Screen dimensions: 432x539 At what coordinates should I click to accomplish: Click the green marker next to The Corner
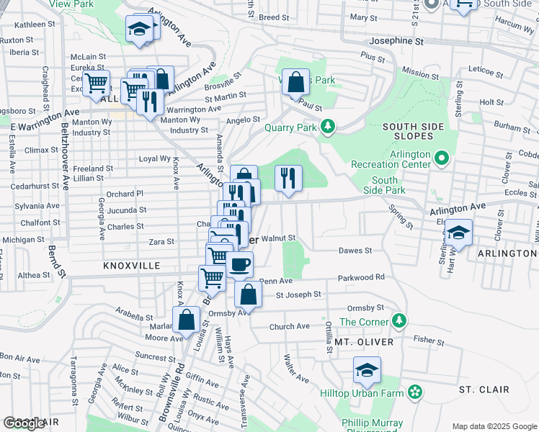[x=401, y=321]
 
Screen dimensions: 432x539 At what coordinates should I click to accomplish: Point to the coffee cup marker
[x=240, y=264]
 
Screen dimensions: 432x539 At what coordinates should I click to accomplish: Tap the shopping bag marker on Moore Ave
[x=187, y=320]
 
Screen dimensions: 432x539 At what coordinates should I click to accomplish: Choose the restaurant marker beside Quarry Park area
[x=288, y=178]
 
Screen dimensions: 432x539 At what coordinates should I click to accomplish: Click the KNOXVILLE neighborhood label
[x=131, y=266]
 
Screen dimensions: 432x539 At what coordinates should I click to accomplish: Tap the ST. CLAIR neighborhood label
[x=484, y=390]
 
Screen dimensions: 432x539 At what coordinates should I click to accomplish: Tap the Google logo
[x=24, y=423]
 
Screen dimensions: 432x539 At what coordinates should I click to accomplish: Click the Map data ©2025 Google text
[x=494, y=426]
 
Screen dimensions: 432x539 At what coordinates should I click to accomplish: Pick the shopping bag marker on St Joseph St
[x=248, y=295]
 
